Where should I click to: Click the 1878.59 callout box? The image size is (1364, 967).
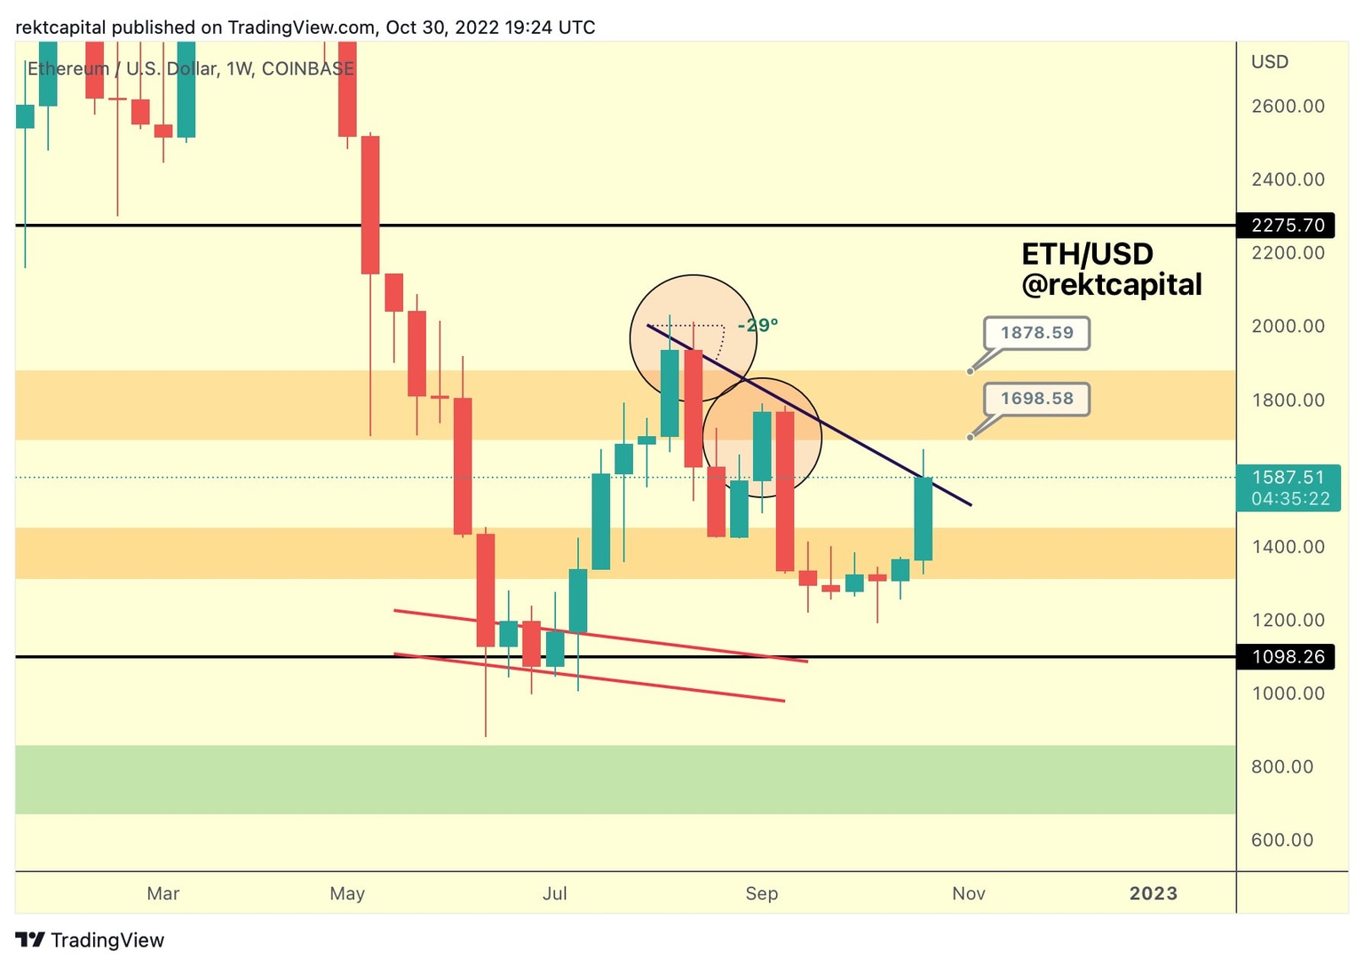1036,333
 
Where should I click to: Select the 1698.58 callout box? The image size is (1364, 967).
1036,399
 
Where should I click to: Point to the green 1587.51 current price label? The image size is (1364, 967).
1289,487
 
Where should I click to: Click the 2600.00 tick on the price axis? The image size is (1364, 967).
1287,107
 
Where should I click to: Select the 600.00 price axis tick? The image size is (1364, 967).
1281,840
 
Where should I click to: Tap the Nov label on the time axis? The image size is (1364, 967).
968,893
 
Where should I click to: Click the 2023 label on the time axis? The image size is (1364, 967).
1153,893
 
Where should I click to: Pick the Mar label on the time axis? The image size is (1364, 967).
163,893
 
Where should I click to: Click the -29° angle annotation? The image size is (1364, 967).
757,325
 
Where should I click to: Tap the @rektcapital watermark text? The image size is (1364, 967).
1111,285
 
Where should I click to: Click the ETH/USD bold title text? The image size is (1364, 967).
1087,255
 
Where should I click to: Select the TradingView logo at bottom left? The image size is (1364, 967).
90,940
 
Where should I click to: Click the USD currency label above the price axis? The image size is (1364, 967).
1269,62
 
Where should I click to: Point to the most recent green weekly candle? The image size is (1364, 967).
924,519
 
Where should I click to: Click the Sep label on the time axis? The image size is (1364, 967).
761,893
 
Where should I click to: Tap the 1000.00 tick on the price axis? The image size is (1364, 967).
1287,694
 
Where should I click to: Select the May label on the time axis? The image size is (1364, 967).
346,893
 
